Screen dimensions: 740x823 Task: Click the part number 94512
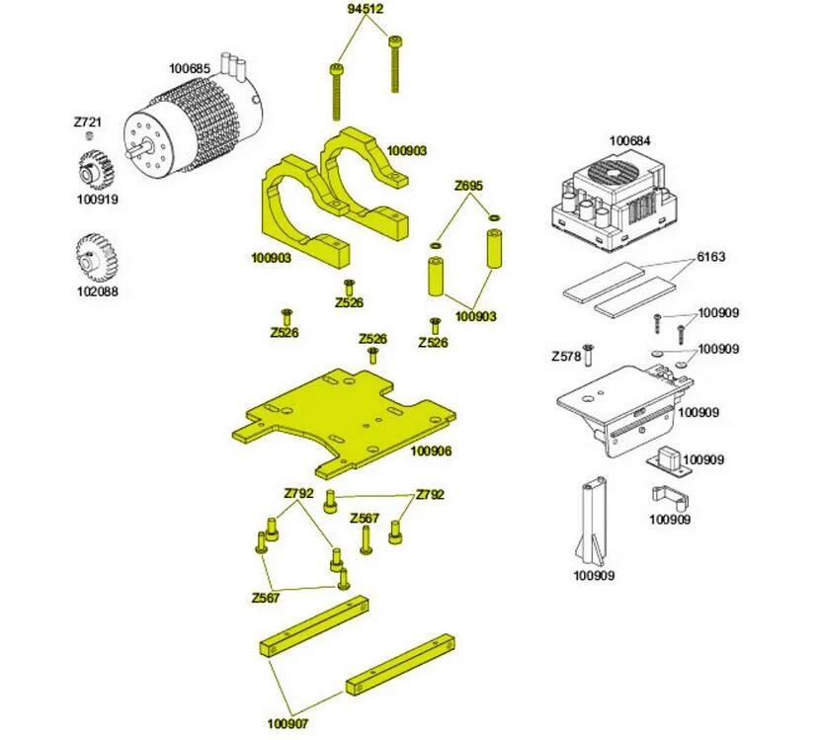point(366,9)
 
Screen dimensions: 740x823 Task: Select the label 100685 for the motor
point(189,69)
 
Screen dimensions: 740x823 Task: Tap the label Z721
point(88,123)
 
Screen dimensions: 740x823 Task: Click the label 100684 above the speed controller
point(630,141)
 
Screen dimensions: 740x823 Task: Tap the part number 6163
point(710,258)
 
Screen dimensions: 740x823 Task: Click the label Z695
point(468,186)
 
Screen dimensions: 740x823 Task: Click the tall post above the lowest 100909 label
point(594,519)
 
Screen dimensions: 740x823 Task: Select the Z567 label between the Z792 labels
point(364,519)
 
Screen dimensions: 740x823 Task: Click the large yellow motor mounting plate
point(341,415)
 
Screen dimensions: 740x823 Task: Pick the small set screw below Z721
point(88,135)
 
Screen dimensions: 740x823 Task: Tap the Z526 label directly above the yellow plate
point(372,339)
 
